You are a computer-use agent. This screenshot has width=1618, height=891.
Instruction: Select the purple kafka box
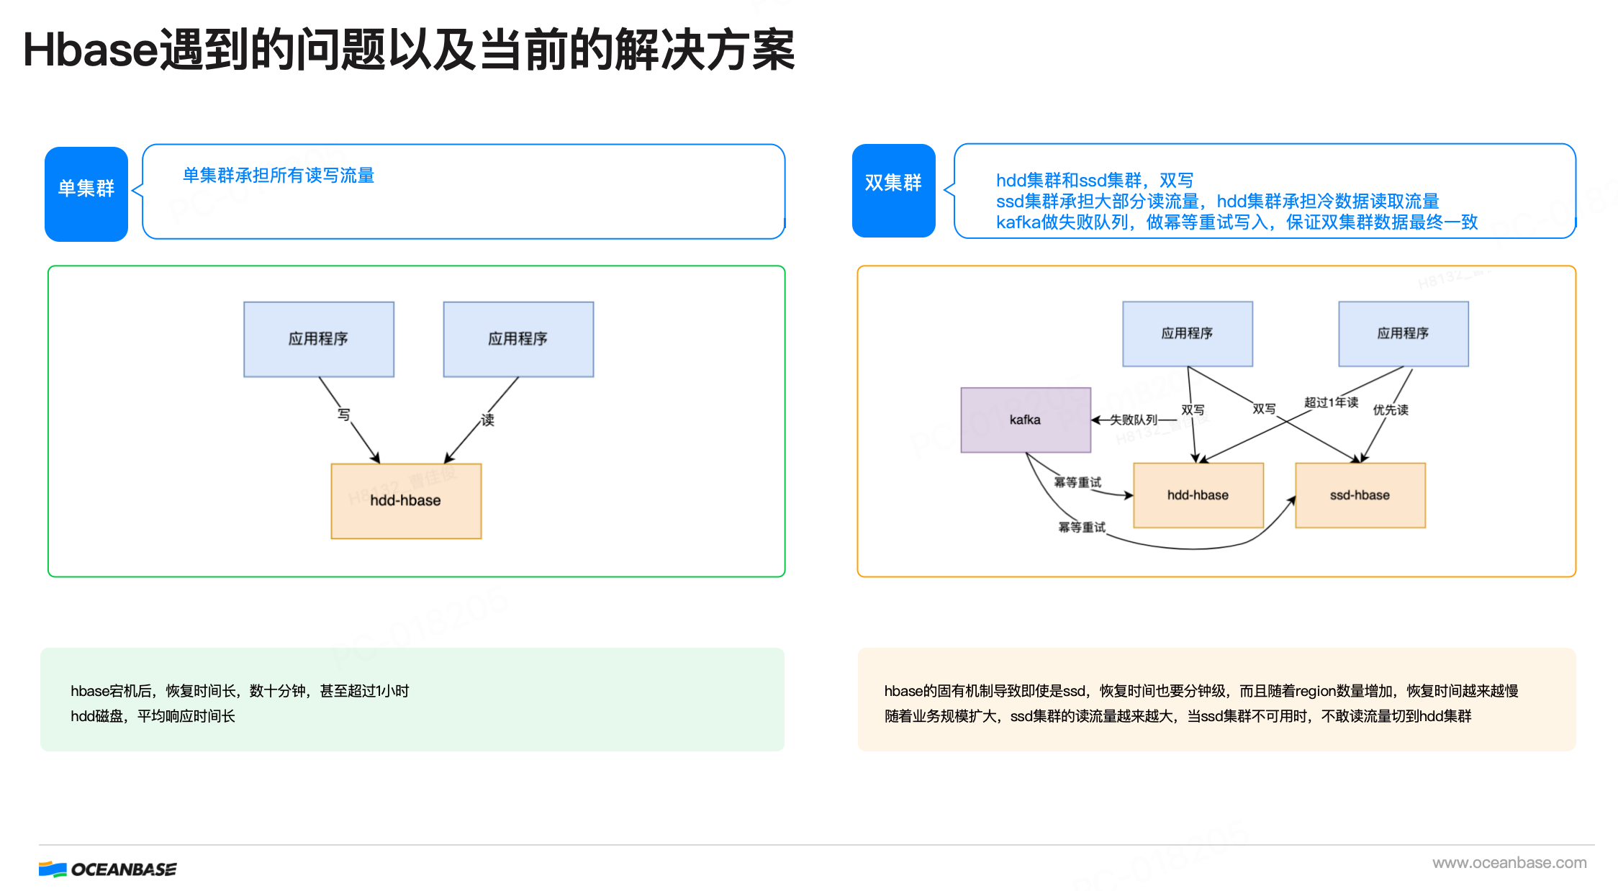point(1026,420)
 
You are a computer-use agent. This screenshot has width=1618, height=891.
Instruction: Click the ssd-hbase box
point(1360,495)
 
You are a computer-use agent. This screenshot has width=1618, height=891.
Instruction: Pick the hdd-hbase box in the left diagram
point(406,501)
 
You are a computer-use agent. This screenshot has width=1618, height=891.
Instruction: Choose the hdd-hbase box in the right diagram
point(1198,495)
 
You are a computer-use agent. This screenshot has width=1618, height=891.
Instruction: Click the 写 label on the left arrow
point(344,415)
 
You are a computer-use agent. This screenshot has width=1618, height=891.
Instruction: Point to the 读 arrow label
point(488,420)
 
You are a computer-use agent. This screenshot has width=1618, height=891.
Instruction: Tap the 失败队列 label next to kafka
point(1133,420)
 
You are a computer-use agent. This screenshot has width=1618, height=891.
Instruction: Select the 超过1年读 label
point(1331,402)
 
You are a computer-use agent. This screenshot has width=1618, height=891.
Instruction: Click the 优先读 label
point(1390,410)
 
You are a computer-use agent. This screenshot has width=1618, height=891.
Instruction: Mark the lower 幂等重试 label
point(1081,528)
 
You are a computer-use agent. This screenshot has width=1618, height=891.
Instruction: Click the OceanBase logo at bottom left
point(108,869)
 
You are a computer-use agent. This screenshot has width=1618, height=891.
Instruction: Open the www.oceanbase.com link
point(1509,862)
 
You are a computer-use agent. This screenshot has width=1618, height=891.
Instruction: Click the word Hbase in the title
point(90,50)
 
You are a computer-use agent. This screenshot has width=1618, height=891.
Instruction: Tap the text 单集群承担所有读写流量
point(279,176)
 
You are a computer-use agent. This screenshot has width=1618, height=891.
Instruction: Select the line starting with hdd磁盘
point(153,716)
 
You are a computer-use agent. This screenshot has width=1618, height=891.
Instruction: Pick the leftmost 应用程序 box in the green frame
point(319,339)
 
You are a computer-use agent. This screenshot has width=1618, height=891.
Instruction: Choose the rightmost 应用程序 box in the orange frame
point(1403,334)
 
